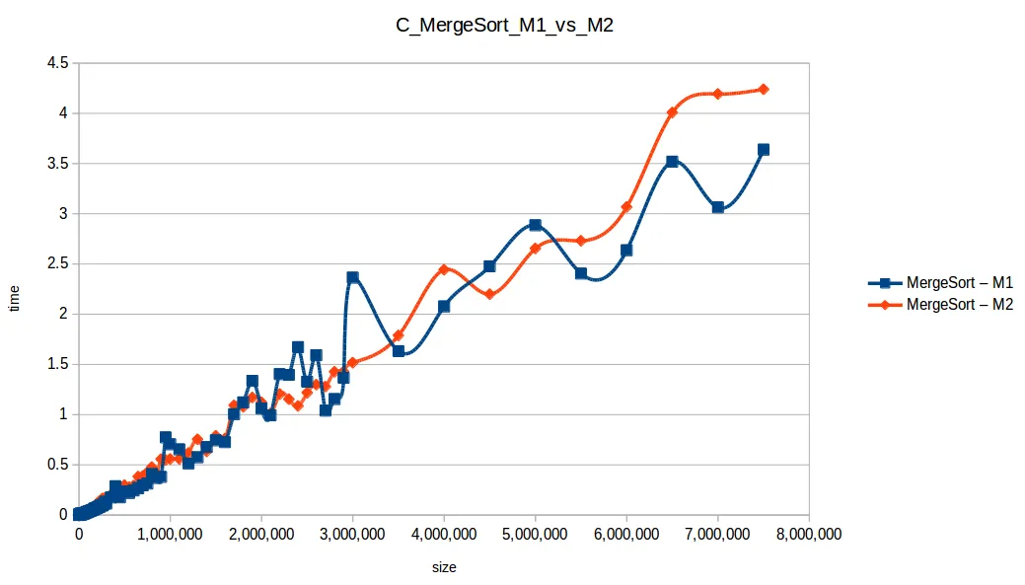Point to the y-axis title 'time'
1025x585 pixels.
pos(14,296)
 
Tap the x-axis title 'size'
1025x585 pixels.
pos(444,567)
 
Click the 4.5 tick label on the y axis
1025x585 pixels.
pos(57,63)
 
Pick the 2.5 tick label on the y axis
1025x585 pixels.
pos(57,264)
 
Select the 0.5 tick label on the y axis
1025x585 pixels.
pos(57,465)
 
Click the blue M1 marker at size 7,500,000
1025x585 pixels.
pos(763,150)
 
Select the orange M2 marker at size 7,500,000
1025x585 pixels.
pos(763,89)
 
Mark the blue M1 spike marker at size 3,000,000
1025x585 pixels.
pos(352,277)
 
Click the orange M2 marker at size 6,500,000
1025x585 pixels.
pos(672,112)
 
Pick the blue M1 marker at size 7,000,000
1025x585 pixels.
pos(717,207)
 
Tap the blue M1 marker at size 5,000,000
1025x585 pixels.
pos(535,225)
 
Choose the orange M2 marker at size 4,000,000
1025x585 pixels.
pos(444,269)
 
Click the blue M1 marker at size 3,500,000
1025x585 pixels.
pos(399,350)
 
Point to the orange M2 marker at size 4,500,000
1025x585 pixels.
pos(489,294)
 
